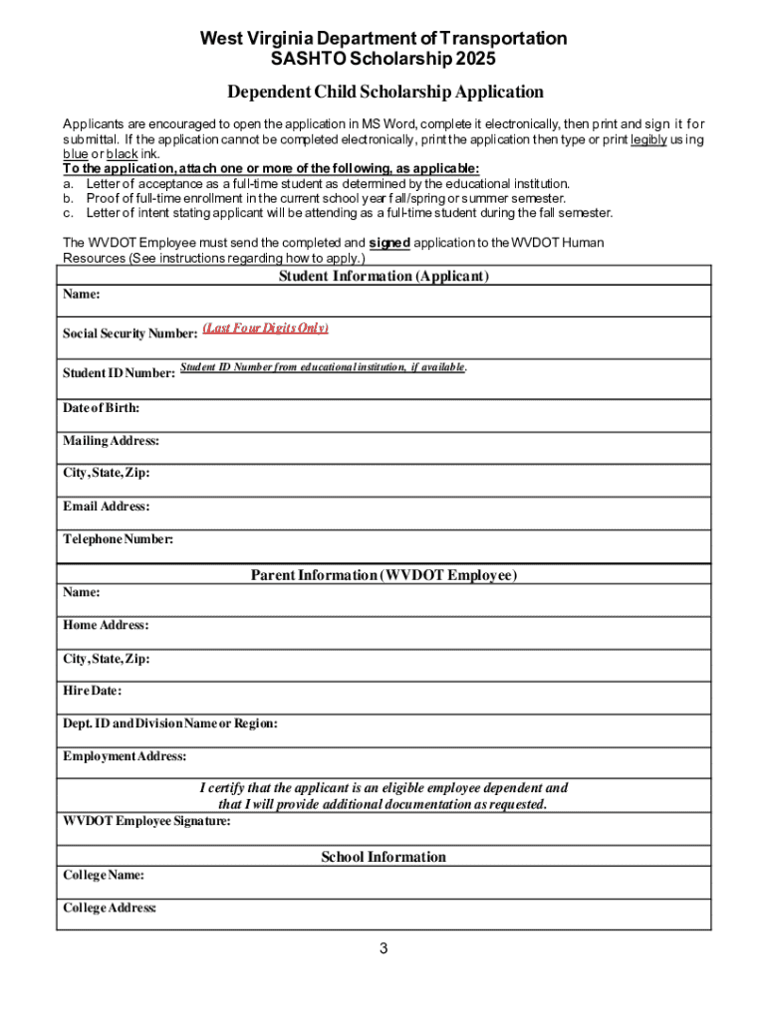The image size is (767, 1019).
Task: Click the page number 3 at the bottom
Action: [383, 948]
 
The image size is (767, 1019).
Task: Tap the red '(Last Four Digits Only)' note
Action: [265, 328]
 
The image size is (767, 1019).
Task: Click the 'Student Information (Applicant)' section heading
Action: [383, 276]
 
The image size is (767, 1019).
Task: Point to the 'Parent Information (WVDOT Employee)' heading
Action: [383, 575]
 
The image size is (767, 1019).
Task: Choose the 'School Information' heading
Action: [383, 857]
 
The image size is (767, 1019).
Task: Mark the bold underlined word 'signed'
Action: [389, 243]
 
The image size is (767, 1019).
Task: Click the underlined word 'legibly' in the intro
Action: [648, 139]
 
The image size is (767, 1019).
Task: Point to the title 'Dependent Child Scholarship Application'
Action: [385, 93]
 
